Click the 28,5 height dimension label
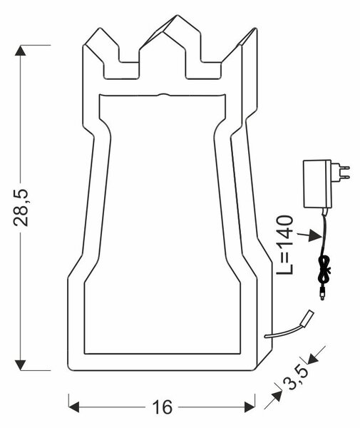tap(21, 208)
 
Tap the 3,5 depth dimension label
tap(294, 379)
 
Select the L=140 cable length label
tap(284, 245)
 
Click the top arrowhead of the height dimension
tap(21, 51)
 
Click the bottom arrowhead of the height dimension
tap(21, 365)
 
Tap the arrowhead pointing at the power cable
tap(315, 235)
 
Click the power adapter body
tap(317, 184)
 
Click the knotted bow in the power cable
tap(324, 269)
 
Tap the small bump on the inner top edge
tap(163, 95)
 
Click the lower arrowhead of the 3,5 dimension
tap(276, 396)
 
